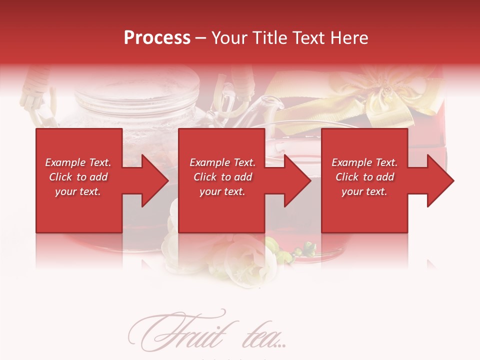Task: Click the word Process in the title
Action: coord(157,38)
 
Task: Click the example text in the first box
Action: coord(78,177)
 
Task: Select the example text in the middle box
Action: coord(222,177)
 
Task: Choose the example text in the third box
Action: coord(364,177)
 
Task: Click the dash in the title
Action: coord(201,38)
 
